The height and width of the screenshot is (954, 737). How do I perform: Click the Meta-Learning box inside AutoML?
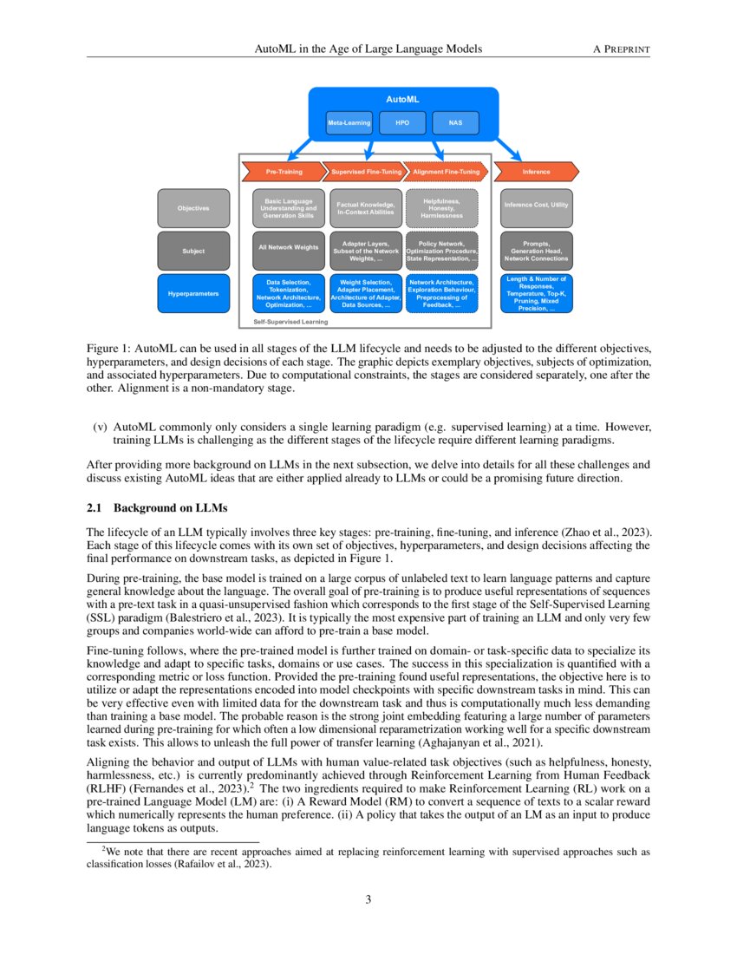pyautogui.click(x=349, y=123)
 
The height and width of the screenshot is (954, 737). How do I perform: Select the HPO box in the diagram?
pyautogui.click(x=402, y=123)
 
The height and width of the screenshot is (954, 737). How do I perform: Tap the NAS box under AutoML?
pyautogui.click(x=455, y=123)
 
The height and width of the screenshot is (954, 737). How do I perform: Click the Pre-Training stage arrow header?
pyautogui.click(x=284, y=172)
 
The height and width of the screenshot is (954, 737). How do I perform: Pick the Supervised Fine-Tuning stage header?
pyautogui.click(x=366, y=172)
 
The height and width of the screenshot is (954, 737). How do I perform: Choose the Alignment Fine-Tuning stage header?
pyautogui.click(x=446, y=172)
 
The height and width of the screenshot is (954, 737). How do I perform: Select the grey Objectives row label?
pyautogui.click(x=193, y=208)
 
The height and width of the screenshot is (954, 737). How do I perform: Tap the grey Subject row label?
pyautogui.click(x=193, y=251)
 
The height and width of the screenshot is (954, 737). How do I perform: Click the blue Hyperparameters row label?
pyautogui.click(x=193, y=294)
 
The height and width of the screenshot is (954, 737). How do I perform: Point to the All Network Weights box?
pyautogui.click(x=289, y=248)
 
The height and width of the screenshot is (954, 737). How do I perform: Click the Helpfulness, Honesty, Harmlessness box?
pyautogui.click(x=442, y=208)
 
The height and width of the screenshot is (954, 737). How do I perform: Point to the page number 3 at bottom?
pyautogui.click(x=368, y=899)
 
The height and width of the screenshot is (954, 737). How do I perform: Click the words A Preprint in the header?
pyautogui.click(x=621, y=49)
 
